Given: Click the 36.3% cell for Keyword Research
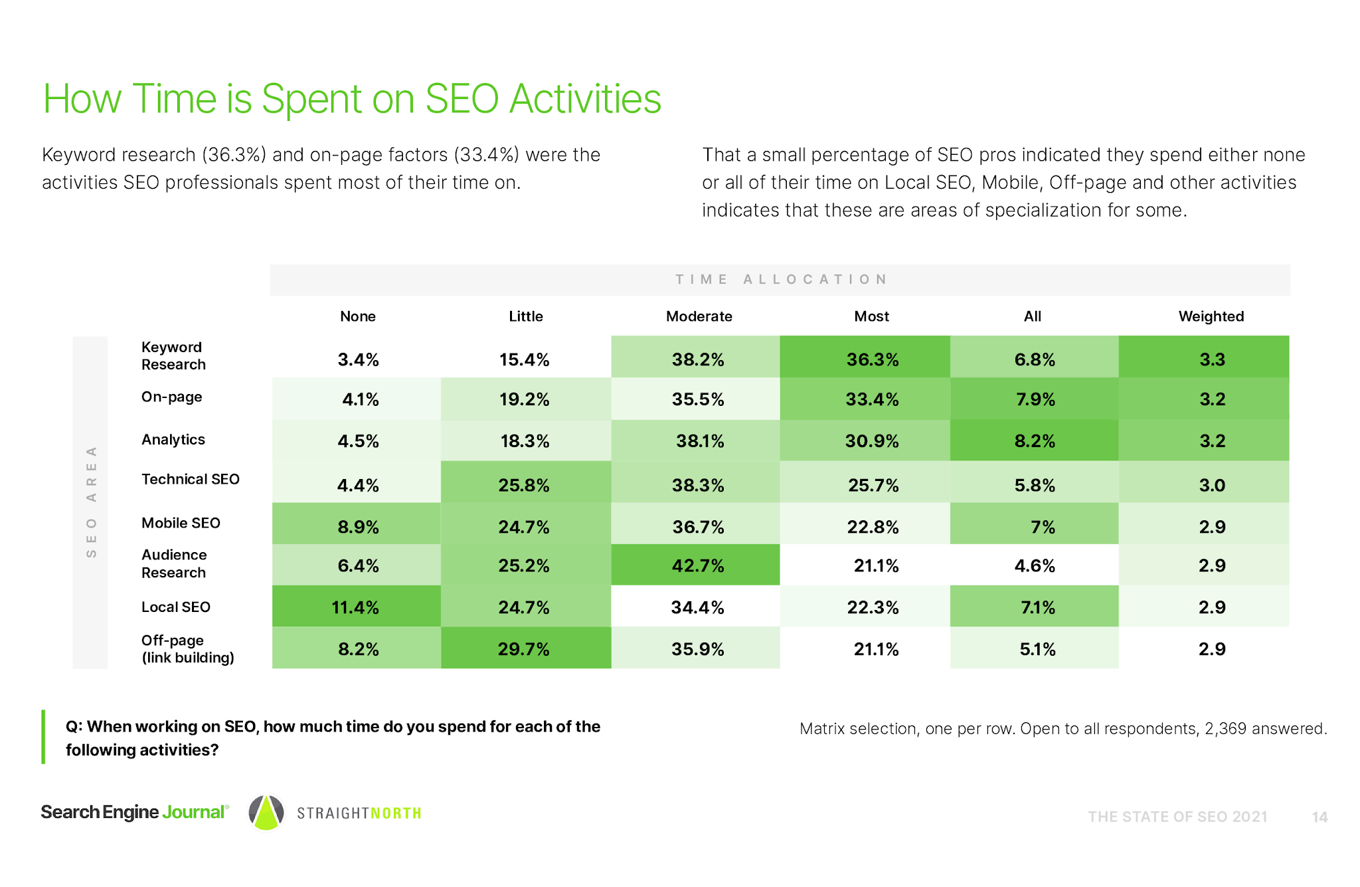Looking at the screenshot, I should click(872, 359).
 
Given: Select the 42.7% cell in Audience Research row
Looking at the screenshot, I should click(697, 565).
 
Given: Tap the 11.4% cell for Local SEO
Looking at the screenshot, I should click(355, 607).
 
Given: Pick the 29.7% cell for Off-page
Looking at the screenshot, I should click(524, 648).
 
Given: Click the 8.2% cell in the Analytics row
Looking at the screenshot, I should click(1035, 441).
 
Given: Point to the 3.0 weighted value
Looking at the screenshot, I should click(1212, 485).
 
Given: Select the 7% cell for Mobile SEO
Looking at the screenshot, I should click(1042, 527).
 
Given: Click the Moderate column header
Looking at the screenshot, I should click(699, 316).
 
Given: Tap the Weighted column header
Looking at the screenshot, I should click(1211, 316).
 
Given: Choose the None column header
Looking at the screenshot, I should click(357, 316).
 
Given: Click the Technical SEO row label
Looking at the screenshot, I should click(190, 479).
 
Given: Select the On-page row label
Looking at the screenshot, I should click(171, 397).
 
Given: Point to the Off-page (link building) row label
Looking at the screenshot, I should click(187, 648).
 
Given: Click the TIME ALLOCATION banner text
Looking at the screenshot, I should click(781, 279).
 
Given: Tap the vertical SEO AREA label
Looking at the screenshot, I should click(92, 502).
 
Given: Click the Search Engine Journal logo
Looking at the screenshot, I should click(134, 812).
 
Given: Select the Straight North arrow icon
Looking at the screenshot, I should click(266, 812).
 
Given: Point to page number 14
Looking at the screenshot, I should click(1319, 817).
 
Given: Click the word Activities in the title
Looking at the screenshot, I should click(585, 99).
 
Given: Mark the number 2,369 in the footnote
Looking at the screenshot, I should click(1225, 729).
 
